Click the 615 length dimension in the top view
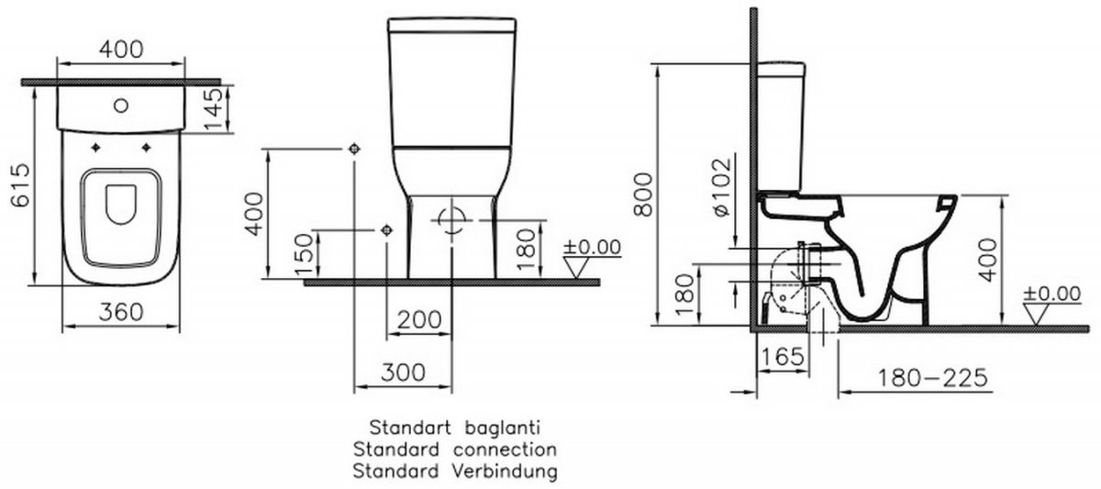click(20, 184)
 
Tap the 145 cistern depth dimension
click(213, 109)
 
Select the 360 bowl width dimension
click(121, 312)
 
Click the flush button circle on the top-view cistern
click(121, 106)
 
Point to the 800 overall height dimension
click(643, 194)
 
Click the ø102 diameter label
click(721, 187)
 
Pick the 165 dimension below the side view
click(783, 356)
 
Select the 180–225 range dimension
click(932, 377)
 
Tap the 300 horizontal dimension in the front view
click(403, 372)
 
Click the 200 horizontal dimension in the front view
click(419, 320)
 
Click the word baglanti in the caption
click(503, 428)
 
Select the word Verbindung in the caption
click(505, 471)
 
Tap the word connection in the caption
click(505, 450)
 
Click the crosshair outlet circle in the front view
click(451, 221)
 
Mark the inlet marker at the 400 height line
click(354, 149)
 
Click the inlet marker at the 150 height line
click(387, 230)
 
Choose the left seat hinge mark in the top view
click(95, 148)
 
